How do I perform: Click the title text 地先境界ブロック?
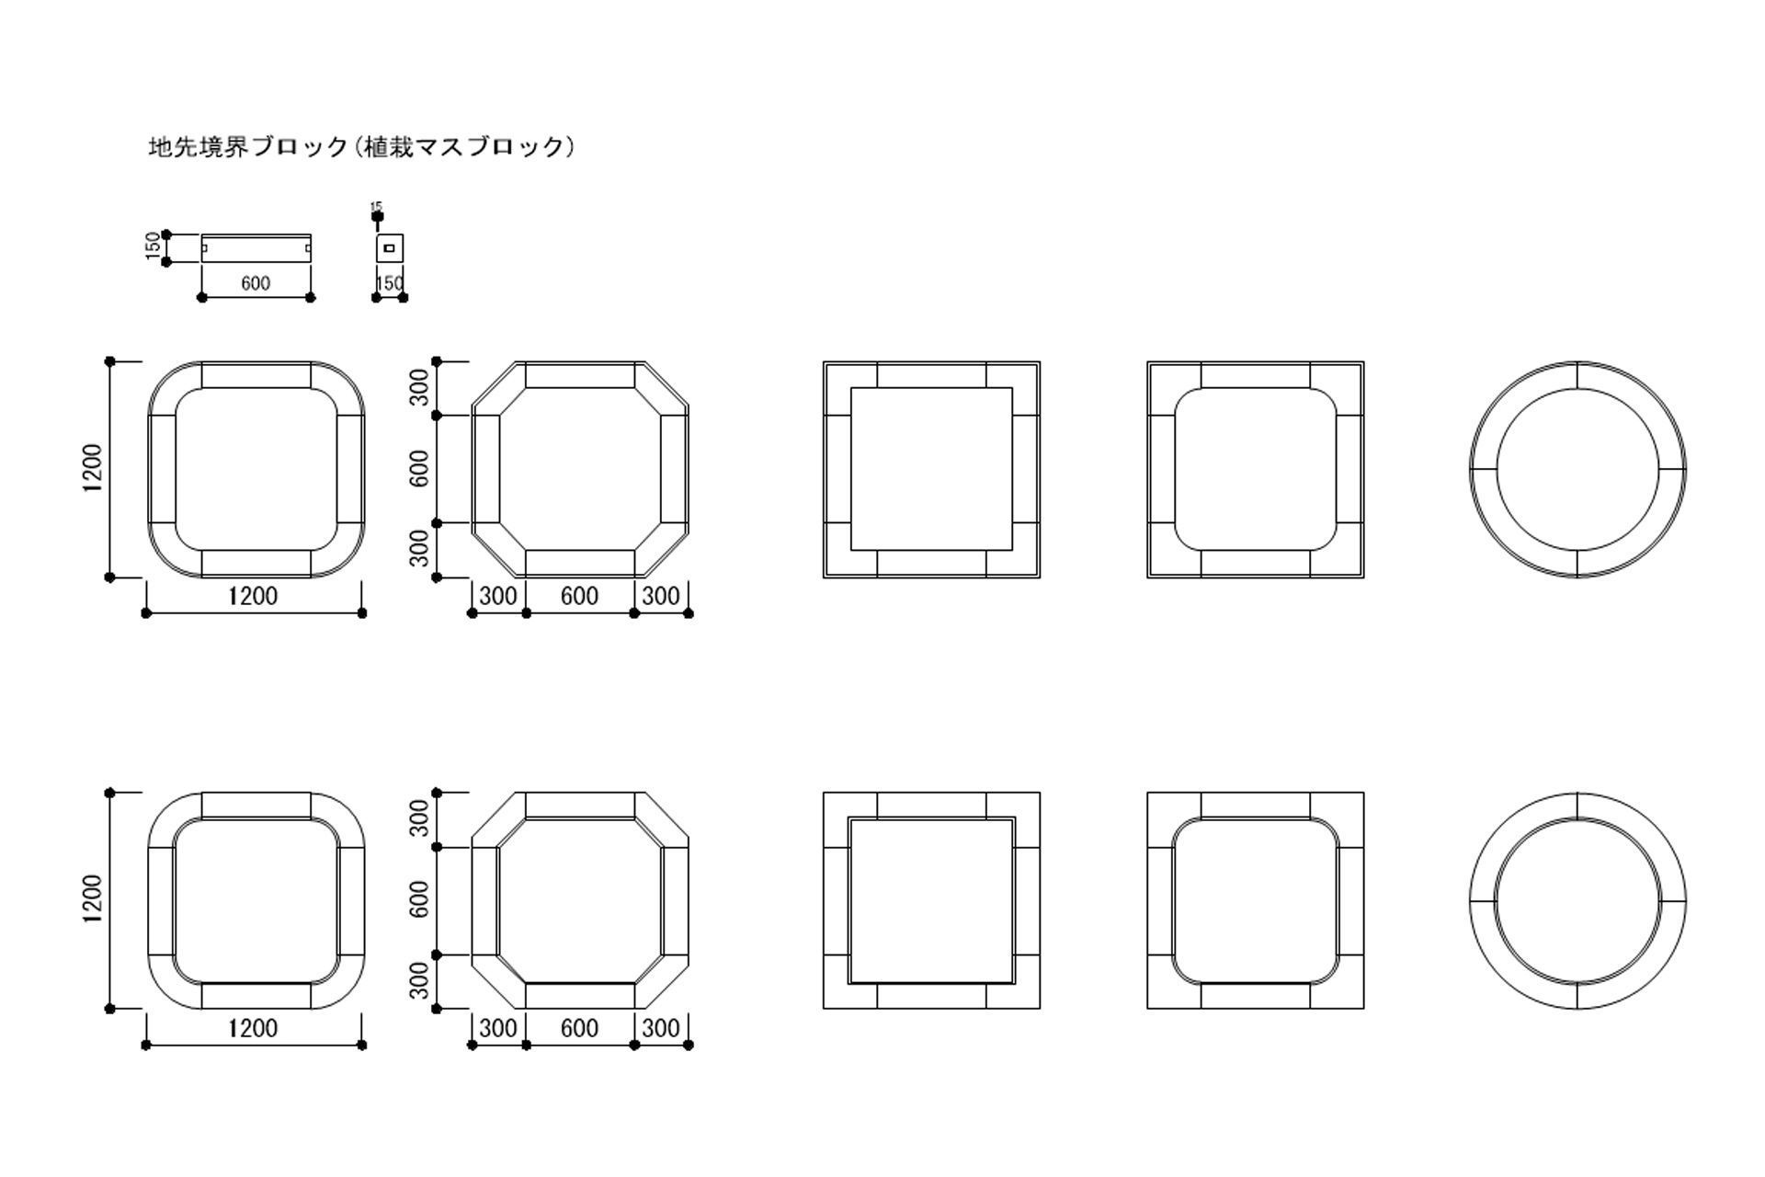coord(248,147)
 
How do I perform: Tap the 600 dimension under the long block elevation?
coord(256,283)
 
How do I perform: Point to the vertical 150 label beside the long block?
coord(154,246)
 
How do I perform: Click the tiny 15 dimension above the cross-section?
coord(376,208)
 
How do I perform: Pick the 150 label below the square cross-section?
coord(390,283)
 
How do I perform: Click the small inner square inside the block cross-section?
coord(390,247)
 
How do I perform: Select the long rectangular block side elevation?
coord(256,248)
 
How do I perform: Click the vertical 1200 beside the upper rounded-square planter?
coord(93,469)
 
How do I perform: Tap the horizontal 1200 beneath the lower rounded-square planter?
coord(253,1028)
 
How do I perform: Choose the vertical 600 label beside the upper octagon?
coord(420,469)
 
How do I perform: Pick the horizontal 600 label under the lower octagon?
coord(579,1028)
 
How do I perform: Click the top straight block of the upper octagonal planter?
coord(580,375)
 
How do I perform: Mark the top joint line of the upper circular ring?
coord(1577,375)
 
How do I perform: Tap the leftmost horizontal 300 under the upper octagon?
coord(498,596)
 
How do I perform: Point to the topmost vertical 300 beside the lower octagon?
coord(420,818)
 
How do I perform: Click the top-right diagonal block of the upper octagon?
coord(662,388)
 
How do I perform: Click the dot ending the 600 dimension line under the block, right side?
coord(310,297)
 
